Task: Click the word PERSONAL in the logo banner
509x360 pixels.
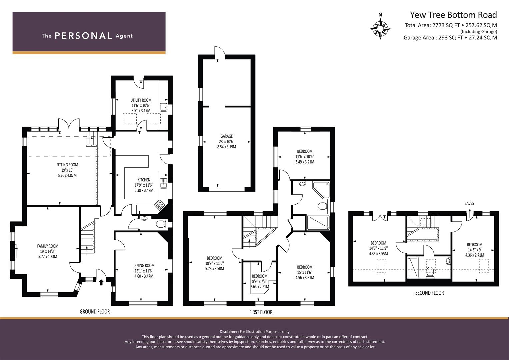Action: pos(83,36)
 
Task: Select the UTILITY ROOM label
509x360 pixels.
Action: pos(141,100)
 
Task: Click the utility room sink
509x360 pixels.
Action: pos(163,107)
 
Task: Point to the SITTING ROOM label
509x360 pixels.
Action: pos(67,165)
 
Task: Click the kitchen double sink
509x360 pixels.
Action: pos(163,183)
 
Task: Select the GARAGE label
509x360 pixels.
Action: pos(227,136)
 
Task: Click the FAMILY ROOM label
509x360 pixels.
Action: pos(48,246)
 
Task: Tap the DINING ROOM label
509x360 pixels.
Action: pos(144,265)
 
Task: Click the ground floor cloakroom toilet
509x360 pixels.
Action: pos(161,224)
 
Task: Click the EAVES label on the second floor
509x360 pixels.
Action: pos(469,203)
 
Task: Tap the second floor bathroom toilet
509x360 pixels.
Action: pos(430,272)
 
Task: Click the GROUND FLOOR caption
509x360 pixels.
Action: pos(95,312)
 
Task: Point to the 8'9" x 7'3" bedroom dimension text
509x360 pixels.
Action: pos(260,281)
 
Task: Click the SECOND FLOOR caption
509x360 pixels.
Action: pos(429,293)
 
